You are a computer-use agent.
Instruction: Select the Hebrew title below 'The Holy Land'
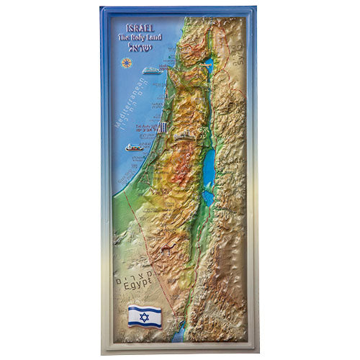135,52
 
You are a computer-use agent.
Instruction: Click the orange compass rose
127,62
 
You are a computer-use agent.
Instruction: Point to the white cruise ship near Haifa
150,71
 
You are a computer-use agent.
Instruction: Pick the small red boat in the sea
134,147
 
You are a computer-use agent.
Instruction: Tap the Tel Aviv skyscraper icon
164,127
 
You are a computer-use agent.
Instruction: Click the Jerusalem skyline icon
184,135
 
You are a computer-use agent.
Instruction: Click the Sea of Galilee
208,63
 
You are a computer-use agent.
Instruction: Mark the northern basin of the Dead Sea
208,171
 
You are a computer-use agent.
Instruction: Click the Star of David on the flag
144,315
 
